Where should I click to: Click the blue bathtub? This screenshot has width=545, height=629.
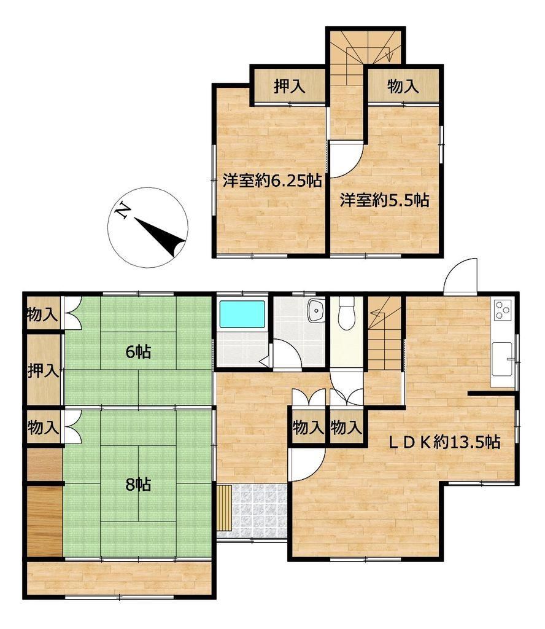[x=242, y=314]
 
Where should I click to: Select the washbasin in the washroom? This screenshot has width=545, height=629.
[x=316, y=311]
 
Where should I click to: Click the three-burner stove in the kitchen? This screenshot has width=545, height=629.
[x=503, y=310]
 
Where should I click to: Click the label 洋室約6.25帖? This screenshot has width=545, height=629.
[x=272, y=181]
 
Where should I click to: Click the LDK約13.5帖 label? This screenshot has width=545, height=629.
[x=445, y=442]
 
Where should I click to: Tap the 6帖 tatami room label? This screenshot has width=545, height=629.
[x=138, y=352]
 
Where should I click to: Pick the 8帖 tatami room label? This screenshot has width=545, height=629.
[x=138, y=485]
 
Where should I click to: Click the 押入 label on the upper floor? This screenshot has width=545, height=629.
[x=289, y=86]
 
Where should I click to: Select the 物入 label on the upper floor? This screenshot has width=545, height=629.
[x=403, y=86]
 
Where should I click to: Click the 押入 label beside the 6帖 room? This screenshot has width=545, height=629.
[x=44, y=370]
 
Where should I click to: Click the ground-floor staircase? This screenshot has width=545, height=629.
[x=385, y=334]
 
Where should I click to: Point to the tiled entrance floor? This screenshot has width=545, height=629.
[x=252, y=512]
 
